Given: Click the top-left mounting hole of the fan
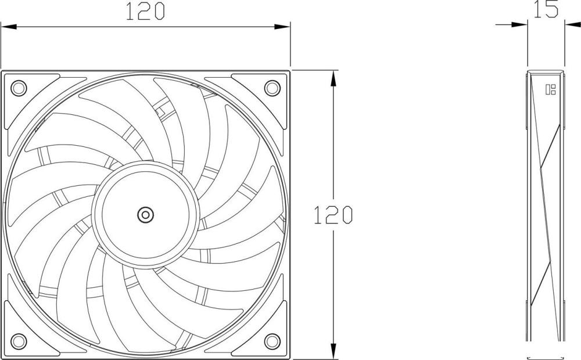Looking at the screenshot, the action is tap(19, 88).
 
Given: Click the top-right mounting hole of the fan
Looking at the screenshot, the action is tap(272, 88).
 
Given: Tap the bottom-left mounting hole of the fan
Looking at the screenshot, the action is tap(19, 341).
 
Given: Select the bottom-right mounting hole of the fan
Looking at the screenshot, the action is tap(272, 341).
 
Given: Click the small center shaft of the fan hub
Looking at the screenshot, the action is tap(145, 215).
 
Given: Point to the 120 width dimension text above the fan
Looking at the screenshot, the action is tap(145, 11).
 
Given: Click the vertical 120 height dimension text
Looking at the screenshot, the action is tap(333, 215).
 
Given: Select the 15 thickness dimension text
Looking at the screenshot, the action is tap(546, 9).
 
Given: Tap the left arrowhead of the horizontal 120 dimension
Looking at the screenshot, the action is tap(9, 27).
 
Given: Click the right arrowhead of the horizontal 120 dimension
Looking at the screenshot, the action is tap(282, 27).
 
